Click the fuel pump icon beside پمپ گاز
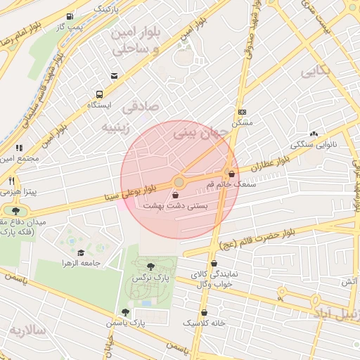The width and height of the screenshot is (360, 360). [x=69, y=17]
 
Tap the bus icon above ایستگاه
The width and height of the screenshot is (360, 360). [x=99, y=94]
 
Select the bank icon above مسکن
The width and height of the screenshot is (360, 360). [x=242, y=112]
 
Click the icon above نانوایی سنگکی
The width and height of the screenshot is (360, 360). [x=313, y=134]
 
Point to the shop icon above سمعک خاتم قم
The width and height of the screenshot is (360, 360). [x=231, y=174]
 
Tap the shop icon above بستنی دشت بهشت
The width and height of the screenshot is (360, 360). [x=175, y=196]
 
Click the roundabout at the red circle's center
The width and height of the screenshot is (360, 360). [x=179, y=182]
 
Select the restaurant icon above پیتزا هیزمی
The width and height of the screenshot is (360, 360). [x=13, y=181]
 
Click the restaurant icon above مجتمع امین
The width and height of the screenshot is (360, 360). [x=19, y=148]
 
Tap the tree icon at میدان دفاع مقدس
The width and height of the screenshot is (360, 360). [x=15, y=210]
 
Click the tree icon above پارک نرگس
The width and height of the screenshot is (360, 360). [x=150, y=266]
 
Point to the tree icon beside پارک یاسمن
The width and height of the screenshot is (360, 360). [x=125, y=312]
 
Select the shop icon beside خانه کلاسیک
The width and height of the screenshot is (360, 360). [x=204, y=312]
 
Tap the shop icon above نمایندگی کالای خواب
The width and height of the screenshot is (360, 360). [x=204, y=264]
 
